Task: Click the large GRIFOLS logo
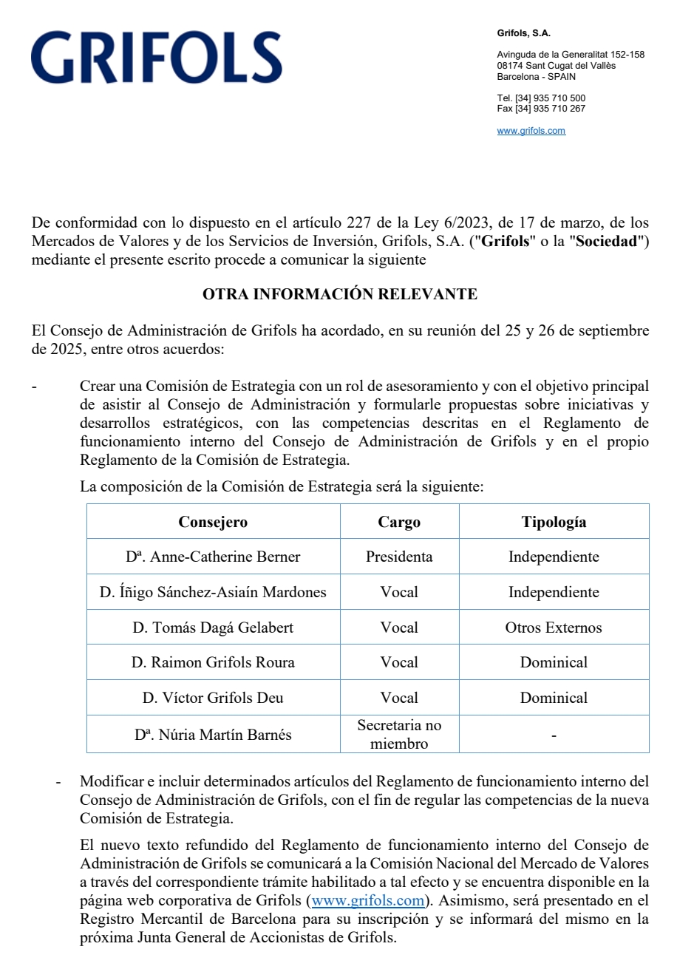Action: click(x=157, y=58)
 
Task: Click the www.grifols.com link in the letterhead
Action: click(x=531, y=131)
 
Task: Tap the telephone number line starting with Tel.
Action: click(x=541, y=98)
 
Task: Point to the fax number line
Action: click(x=541, y=109)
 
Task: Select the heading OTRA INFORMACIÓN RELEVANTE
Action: click(x=340, y=294)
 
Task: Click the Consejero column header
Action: click(x=213, y=522)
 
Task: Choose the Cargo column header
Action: click(x=399, y=522)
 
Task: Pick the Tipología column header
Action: click(x=554, y=522)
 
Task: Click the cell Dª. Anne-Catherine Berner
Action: click(x=213, y=557)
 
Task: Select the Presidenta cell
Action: click(x=399, y=557)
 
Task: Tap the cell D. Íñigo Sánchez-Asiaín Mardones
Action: click(x=213, y=592)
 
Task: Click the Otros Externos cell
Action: click(x=554, y=628)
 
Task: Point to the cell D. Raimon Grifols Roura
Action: click(x=213, y=662)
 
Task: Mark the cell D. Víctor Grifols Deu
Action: click(x=213, y=698)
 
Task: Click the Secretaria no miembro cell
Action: click(x=399, y=735)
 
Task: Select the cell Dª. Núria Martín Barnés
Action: click(x=213, y=735)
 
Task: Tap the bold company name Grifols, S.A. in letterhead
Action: click(x=523, y=33)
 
